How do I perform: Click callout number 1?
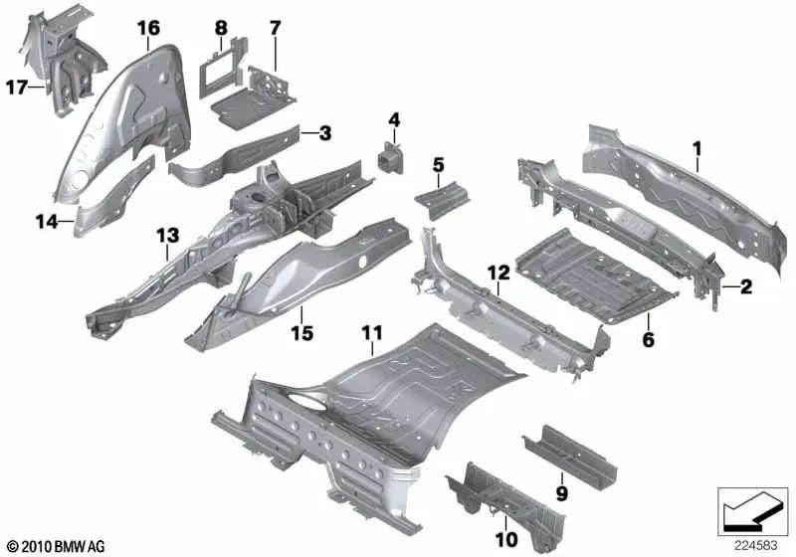pos(697,148)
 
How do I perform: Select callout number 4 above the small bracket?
pos(394,120)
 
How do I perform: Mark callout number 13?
pos(165,235)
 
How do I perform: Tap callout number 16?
pos(148,28)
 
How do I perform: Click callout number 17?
pos(16,88)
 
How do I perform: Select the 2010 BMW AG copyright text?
pos(56,546)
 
